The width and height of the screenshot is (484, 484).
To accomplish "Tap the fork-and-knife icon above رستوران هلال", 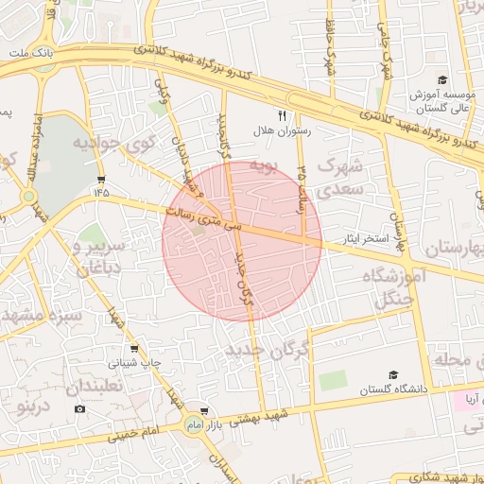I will tap(281, 115).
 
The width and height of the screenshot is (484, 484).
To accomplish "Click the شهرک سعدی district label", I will tap(339, 177).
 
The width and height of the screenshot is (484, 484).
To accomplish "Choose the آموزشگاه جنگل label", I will tap(393, 288).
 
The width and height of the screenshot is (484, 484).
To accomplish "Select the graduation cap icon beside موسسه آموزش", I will tap(441, 80).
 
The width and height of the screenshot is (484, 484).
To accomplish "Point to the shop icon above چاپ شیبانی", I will tap(133, 348).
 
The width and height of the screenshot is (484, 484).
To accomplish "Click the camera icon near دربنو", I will tap(79, 408).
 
